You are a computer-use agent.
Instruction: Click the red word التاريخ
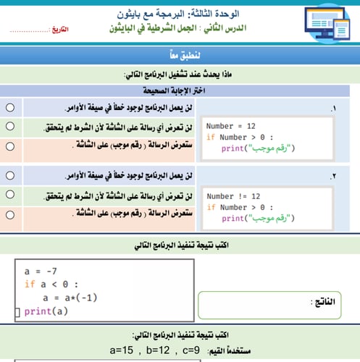tap(66, 33)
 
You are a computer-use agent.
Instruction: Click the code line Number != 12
tap(234, 196)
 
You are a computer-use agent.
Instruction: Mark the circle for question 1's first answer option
tap(10, 107)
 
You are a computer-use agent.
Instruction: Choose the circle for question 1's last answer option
tap(10, 146)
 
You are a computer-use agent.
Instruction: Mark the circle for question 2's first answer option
tap(10, 176)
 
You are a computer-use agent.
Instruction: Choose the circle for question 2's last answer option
tap(10, 215)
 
